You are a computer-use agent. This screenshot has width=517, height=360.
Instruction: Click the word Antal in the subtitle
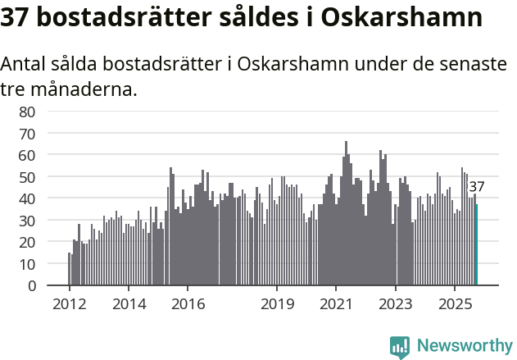25,64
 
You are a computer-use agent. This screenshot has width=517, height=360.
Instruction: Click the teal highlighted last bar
476,245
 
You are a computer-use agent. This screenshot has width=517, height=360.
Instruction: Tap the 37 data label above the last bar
477,187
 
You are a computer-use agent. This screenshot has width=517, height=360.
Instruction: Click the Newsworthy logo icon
400,347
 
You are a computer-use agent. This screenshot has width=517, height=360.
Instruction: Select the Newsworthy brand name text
464,346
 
